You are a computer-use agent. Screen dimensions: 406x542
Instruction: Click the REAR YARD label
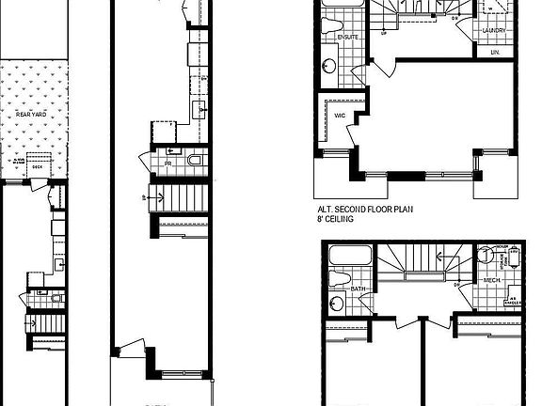pyautogui.click(x=32, y=114)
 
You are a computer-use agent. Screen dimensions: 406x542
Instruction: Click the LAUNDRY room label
pyautogui.click(x=494, y=31)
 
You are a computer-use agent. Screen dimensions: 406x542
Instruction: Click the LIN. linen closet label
pyautogui.click(x=494, y=53)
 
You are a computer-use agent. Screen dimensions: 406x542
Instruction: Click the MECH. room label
pyautogui.click(x=490, y=280)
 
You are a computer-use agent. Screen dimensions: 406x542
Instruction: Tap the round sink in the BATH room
pyautogui.click(x=338, y=304)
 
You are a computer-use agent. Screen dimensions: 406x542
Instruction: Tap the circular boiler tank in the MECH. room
pyautogui.click(x=486, y=254)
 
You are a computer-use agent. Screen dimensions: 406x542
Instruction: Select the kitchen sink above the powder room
pyautogui.click(x=199, y=112)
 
